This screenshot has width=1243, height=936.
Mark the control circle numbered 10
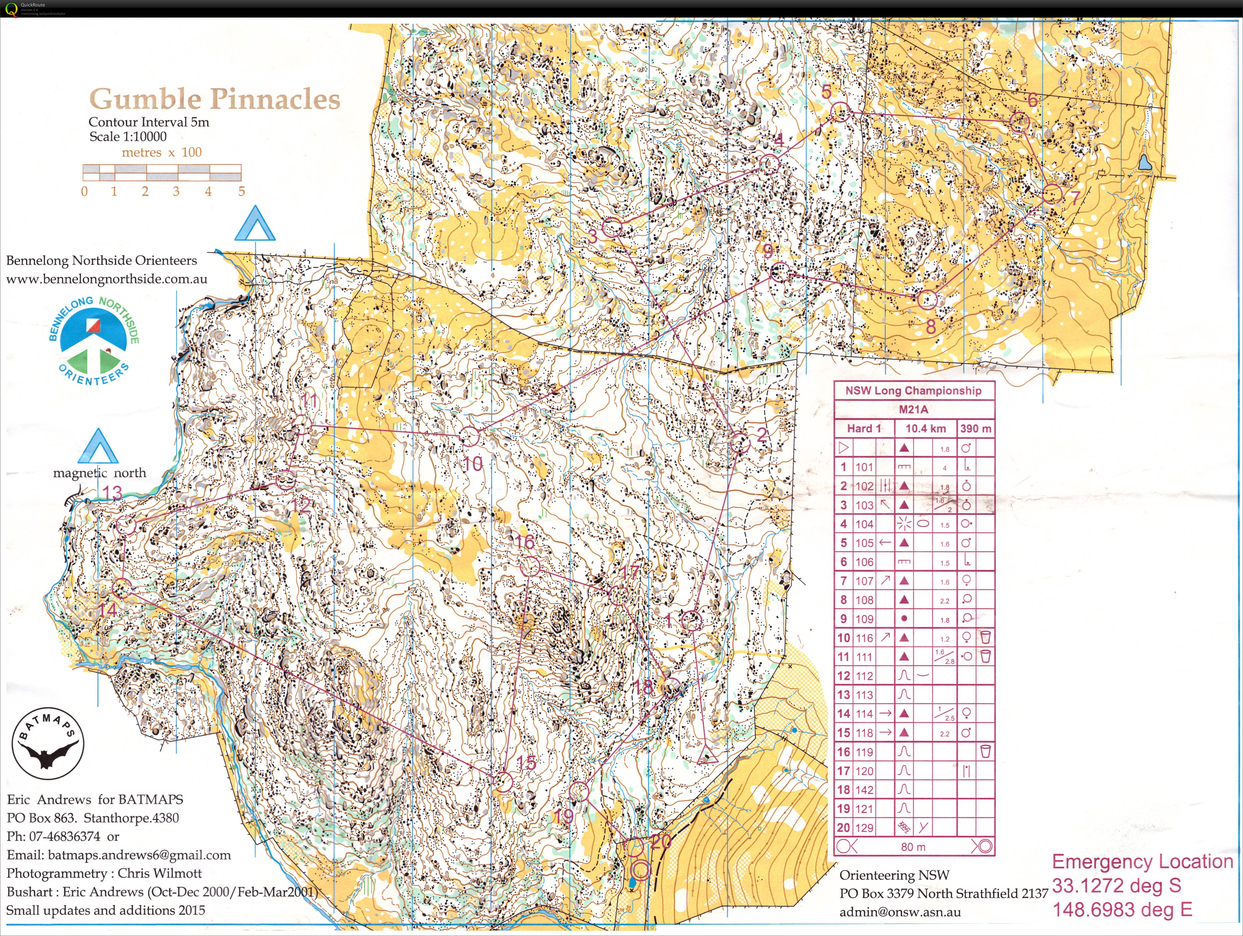coord(470,436)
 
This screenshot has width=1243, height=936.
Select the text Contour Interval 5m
coord(149,122)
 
